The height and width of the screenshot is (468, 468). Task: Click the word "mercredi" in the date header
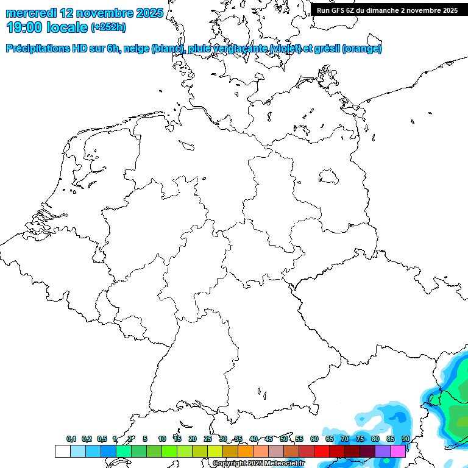(x=32, y=13)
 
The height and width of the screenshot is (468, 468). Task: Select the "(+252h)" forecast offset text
(x=108, y=27)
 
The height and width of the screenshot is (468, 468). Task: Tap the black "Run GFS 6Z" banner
(x=388, y=10)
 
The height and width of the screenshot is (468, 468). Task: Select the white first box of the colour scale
(x=62, y=451)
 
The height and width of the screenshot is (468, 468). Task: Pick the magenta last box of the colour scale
(x=398, y=451)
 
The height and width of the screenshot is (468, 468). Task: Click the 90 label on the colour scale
(x=406, y=439)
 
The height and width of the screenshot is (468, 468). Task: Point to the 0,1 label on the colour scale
(x=71, y=439)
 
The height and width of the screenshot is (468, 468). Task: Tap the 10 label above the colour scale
(x=162, y=439)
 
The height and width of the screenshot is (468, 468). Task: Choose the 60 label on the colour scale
(x=314, y=439)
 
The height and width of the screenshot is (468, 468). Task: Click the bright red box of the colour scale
(x=321, y=451)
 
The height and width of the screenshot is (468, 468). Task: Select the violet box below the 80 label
(x=383, y=451)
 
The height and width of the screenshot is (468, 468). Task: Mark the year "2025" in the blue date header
(x=147, y=13)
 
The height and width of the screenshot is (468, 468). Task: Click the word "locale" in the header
(x=67, y=27)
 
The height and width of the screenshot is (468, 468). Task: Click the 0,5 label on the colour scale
(x=102, y=439)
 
